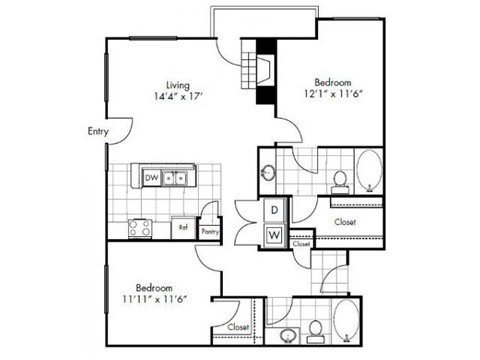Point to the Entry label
click(x=97, y=131)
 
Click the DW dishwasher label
click(x=152, y=178)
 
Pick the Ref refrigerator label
click(x=183, y=227)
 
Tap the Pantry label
click(x=210, y=231)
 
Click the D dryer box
click(x=274, y=210)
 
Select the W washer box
click(x=274, y=235)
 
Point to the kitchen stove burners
click(x=139, y=228)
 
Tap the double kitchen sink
click(x=177, y=179)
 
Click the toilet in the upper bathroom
click(x=340, y=179)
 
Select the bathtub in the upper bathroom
click(x=367, y=172)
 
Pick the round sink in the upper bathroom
click(x=268, y=173)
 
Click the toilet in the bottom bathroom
click(x=315, y=329)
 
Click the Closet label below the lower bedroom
click(x=238, y=327)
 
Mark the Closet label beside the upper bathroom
click(x=345, y=222)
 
